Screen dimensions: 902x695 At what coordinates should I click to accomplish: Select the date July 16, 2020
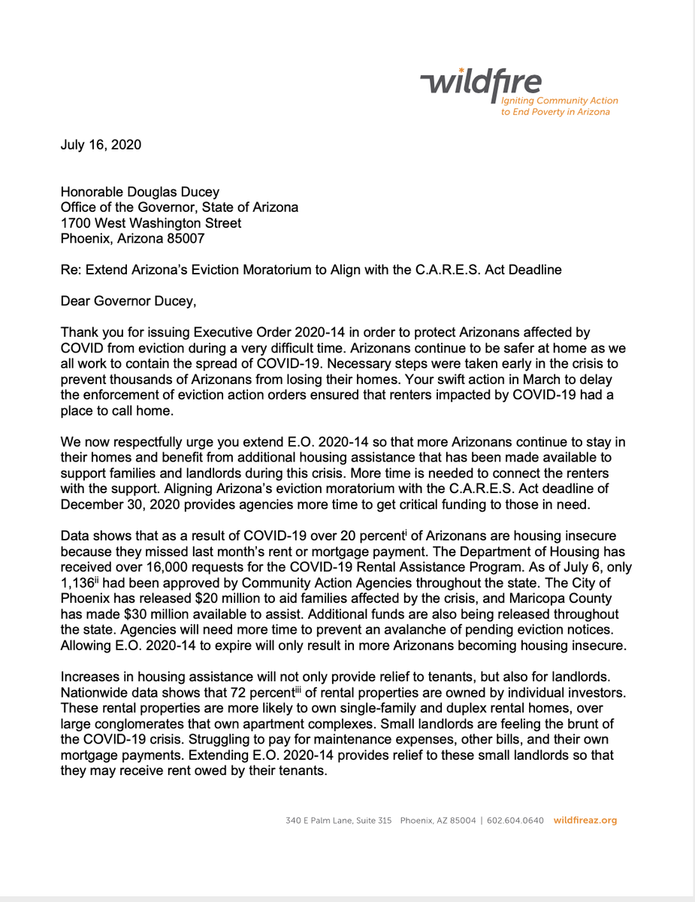coord(101,144)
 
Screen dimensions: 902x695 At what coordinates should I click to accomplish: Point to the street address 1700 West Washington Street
coord(151,223)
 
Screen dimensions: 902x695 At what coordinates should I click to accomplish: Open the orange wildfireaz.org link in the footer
coord(585,820)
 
